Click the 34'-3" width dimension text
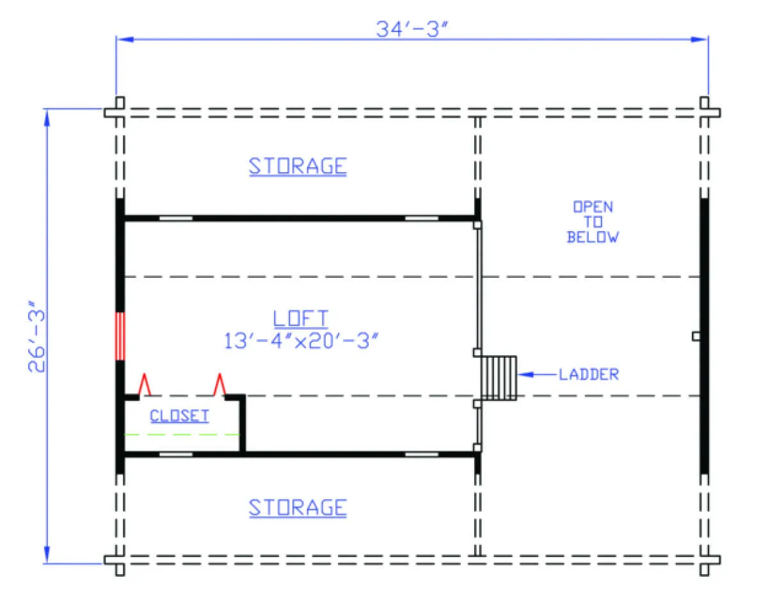412,29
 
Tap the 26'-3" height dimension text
37,337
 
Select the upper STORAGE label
298,166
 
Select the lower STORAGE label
298,508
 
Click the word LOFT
301,318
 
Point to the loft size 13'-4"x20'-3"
301,341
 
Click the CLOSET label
179,416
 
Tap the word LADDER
589,375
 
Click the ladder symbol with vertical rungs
499,378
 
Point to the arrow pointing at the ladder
537,375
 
